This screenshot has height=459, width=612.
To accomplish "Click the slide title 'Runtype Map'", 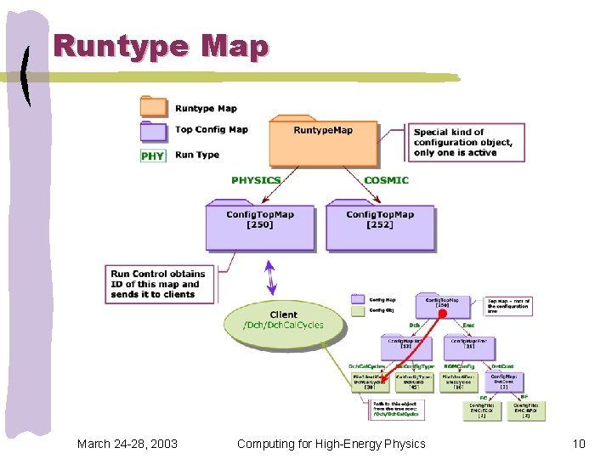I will tap(161, 47).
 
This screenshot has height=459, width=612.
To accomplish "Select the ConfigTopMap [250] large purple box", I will tap(259, 227).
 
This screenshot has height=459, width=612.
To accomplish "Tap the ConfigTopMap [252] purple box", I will tap(380, 227).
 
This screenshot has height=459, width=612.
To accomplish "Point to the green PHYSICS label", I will tap(256, 180).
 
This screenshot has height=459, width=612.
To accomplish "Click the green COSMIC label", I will tap(386, 180).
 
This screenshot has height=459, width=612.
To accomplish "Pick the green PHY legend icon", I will tap(153, 156).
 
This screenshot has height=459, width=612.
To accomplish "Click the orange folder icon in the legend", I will tap(153, 107).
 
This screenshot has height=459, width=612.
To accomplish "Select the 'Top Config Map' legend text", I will tap(212, 130).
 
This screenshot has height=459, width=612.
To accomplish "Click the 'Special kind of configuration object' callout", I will tap(467, 143).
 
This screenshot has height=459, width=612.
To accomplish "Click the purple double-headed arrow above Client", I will tap(271, 278).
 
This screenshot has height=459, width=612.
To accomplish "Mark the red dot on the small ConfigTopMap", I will tap(442, 314).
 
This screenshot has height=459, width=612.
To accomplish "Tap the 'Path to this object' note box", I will tap(397, 410).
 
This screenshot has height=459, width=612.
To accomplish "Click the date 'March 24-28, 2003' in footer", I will tap(127, 444).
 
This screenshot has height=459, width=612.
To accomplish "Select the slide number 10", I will tap(579, 444).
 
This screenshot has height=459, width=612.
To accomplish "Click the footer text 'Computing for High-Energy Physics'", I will tap(331, 444).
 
